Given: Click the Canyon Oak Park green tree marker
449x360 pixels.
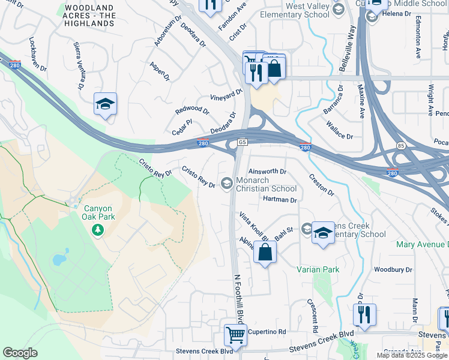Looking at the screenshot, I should pyautogui.click(x=97, y=230).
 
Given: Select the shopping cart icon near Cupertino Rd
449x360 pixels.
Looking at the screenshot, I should pyautogui.click(x=235, y=334).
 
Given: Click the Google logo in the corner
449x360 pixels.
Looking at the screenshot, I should pyautogui.click(x=20, y=352).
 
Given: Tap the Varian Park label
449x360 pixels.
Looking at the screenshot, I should pyautogui.click(x=318, y=269).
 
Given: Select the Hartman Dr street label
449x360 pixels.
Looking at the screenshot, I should pyautogui.click(x=280, y=199).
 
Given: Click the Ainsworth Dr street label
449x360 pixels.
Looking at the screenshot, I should pyautogui.click(x=267, y=171).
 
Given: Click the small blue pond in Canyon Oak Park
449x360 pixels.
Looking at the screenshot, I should pyautogui.click(x=58, y=260).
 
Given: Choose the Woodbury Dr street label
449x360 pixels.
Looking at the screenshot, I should pyautogui.click(x=393, y=269).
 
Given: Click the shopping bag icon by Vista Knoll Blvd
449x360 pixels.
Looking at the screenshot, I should pyautogui.click(x=265, y=252).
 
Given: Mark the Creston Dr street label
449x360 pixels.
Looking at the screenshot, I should pyautogui.click(x=322, y=184).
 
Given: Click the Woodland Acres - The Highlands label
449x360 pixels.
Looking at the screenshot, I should pyautogui.click(x=90, y=15).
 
